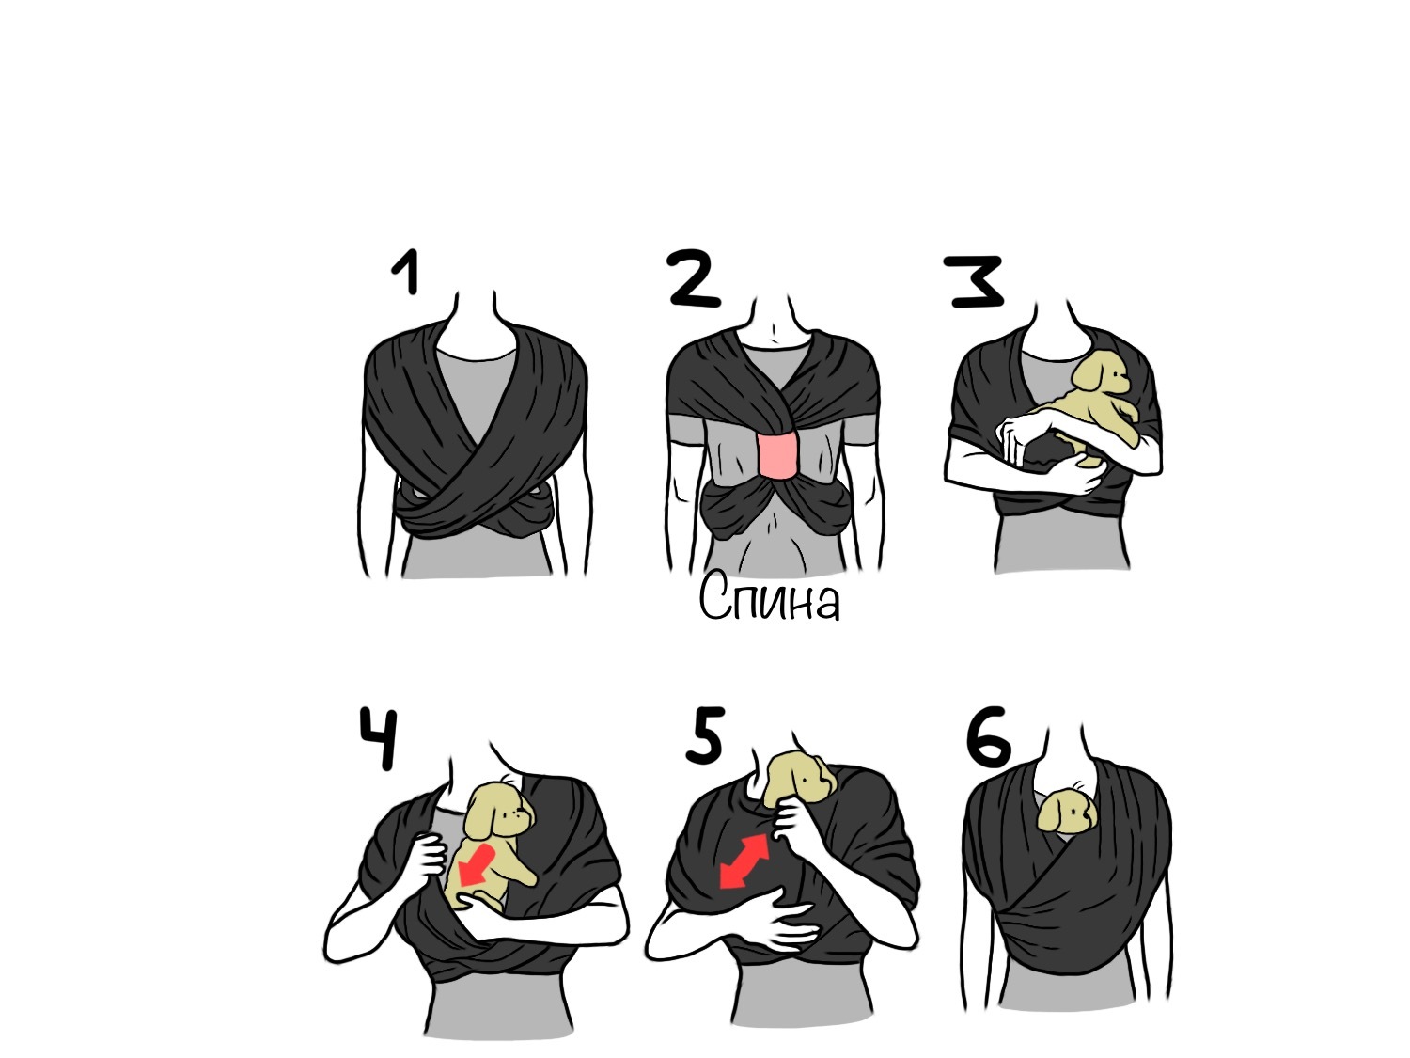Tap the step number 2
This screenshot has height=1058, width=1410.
pos(693,278)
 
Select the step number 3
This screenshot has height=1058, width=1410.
pos(975,281)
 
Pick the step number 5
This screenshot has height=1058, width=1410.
pos(706,734)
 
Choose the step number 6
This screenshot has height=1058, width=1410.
pos(989,736)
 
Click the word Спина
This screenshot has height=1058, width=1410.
pos(769,597)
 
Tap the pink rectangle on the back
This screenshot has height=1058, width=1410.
pos(778,456)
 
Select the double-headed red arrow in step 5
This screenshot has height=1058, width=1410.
pos(744,861)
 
